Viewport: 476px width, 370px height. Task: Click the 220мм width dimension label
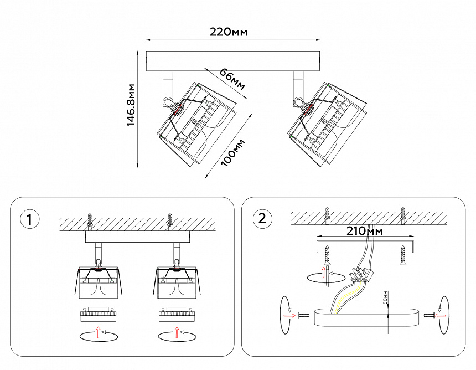[229, 32]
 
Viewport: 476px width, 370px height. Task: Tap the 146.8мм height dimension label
[131, 106]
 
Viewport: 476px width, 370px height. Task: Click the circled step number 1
[30, 219]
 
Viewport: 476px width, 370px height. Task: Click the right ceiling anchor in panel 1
[170, 220]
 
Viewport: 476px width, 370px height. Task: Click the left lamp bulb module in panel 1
[98, 315]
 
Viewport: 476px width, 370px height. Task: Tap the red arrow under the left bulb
[99, 332]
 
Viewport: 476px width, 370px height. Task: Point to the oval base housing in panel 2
[365, 318]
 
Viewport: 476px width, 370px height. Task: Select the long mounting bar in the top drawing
[233, 61]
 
